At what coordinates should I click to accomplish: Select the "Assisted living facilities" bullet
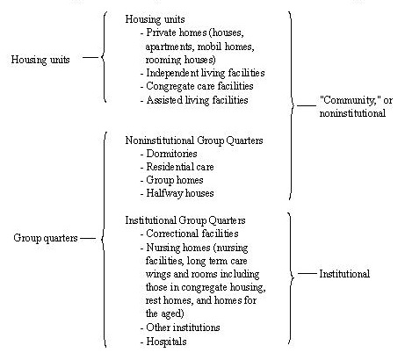[x=201, y=100]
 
